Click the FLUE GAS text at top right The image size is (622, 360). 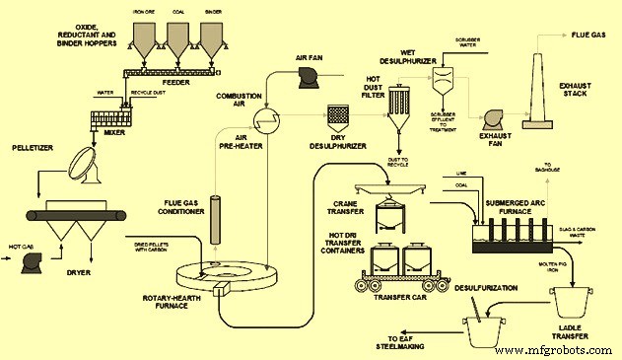(x=590, y=35)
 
